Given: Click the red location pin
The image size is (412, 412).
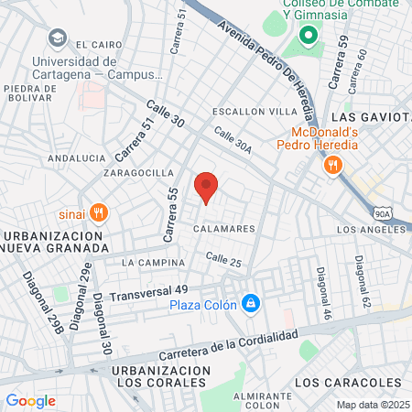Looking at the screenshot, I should pyautogui.click(x=206, y=187).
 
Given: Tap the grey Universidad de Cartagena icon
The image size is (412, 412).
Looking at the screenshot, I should pyautogui.click(x=57, y=38).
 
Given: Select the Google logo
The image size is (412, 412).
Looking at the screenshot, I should pyautogui.click(x=30, y=400).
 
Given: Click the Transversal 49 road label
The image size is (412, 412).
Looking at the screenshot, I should pyautogui.click(x=148, y=293).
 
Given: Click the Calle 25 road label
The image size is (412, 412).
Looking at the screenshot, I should pyautogui.click(x=223, y=261).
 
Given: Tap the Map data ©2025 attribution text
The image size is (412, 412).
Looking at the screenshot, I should pyautogui.click(x=373, y=404).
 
